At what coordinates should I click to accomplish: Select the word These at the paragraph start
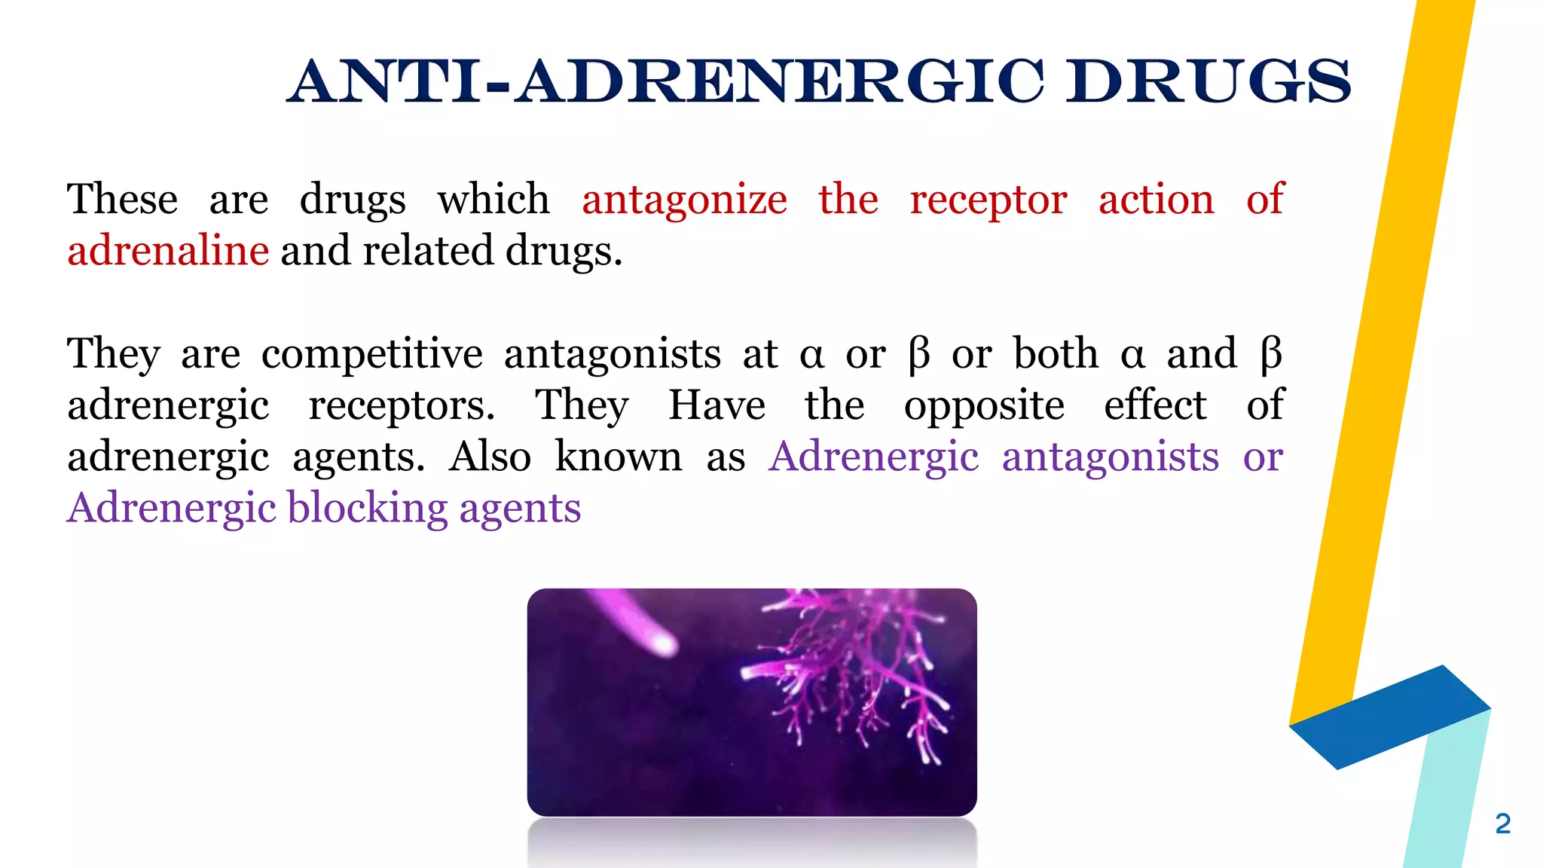coord(122,200)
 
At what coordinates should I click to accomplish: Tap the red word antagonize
coord(684,200)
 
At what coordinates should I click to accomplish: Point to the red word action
coord(1156,200)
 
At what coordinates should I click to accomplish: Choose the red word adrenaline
coord(168,251)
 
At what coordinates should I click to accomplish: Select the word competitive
coord(371,354)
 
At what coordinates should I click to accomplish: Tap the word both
coord(1056,354)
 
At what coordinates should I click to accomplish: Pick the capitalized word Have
coord(717,405)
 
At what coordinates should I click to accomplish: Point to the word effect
coord(1155,405)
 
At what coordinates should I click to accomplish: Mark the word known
coord(618,457)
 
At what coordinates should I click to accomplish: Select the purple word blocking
coord(368,508)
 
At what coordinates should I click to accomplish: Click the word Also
coord(490,457)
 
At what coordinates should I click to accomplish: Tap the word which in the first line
coord(493,200)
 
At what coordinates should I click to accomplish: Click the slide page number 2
coord(1502,824)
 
